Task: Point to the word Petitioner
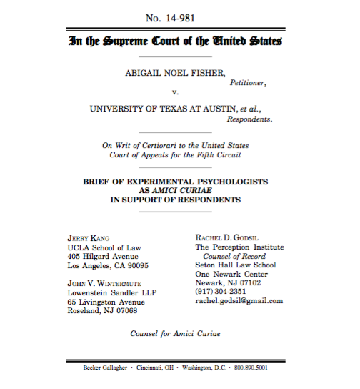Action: (x=247, y=83)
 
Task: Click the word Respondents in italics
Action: (x=249, y=119)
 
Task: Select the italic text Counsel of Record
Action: (x=234, y=256)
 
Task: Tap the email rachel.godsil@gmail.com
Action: (x=239, y=301)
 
